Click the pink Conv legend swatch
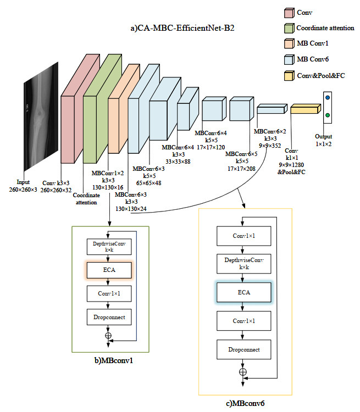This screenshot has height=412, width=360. tap(289, 12)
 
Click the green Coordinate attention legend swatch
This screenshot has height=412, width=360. tap(289, 27)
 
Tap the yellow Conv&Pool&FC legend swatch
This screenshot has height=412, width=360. tap(289, 74)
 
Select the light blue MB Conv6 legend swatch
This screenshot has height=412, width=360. tap(289, 59)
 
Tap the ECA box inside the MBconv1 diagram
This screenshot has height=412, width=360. tap(108, 270)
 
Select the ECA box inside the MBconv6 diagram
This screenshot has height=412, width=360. tap(243, 293)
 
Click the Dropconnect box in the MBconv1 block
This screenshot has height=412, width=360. tap(108, 317)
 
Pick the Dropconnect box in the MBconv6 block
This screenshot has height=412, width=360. tap(243, 349)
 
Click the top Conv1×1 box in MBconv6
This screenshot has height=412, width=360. tap(243, 236)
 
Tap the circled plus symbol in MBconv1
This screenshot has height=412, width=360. tap(108, 335)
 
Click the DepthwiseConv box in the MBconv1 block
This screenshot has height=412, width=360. tap(108, 246)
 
